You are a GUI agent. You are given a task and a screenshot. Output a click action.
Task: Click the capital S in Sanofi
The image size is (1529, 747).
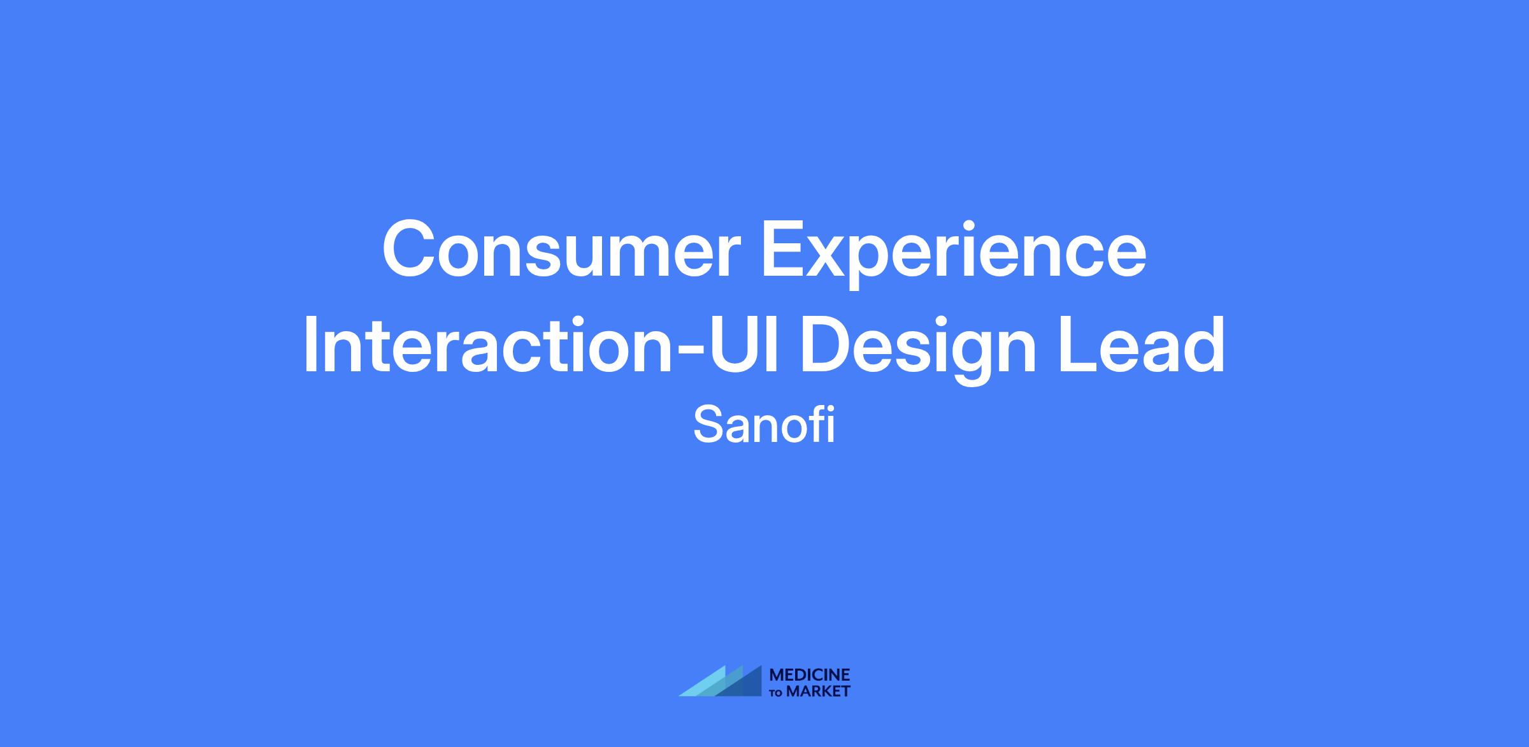[709, 425]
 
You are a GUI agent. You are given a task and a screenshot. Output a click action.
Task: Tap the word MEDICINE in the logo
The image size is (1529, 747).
[810, 675]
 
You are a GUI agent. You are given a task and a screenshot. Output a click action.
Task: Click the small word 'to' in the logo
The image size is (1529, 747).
[777, 693]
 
